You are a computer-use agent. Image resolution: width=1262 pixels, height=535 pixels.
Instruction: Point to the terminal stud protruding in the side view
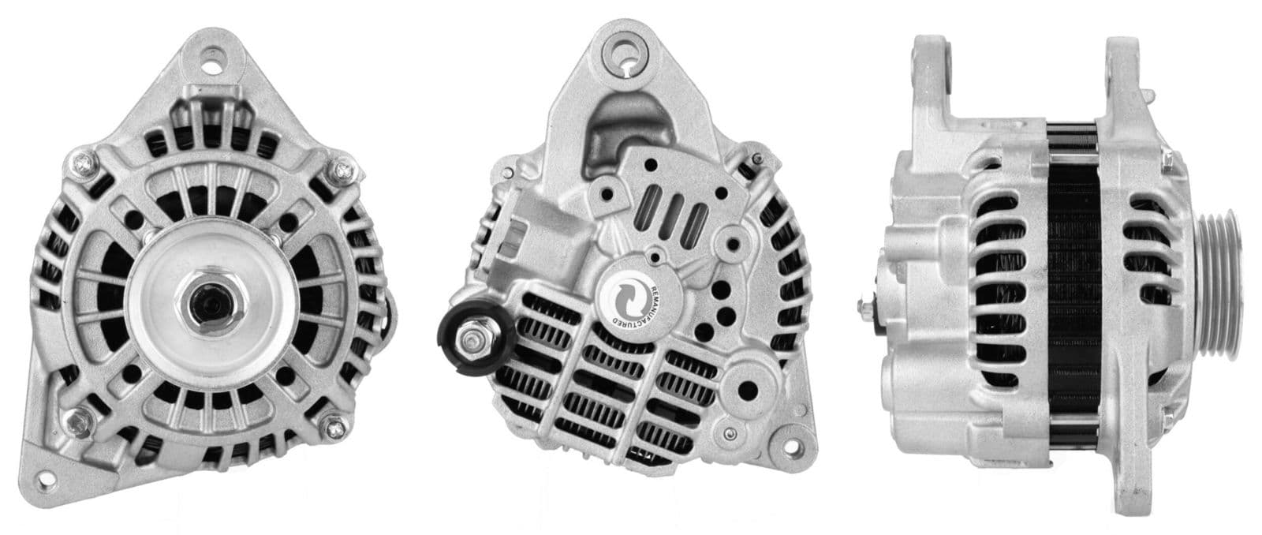coord(868,304)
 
